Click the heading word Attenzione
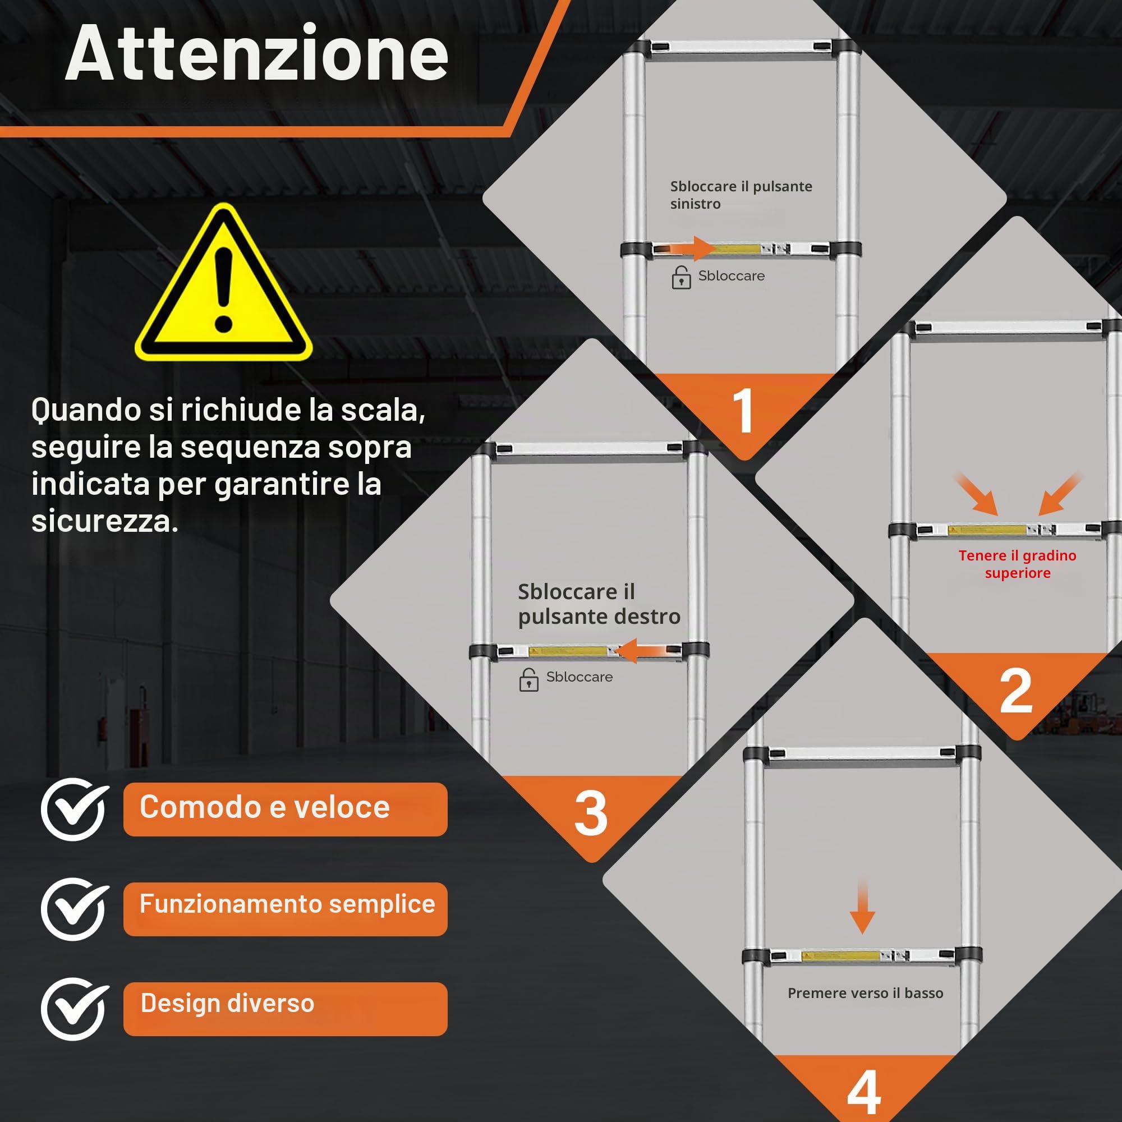coord(257,53)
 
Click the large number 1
coord(743,411)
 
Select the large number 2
coord(1016,691)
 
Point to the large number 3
coord(591,813)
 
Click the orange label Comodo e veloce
coord(285,809)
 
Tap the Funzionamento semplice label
coord(285,909)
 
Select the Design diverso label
coord(285,1009)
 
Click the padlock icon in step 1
coord(681,278)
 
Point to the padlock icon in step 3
coord(528,679)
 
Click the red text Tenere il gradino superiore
coord(1018,564)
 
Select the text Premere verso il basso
coord(865,993)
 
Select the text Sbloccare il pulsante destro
coord(599,604)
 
